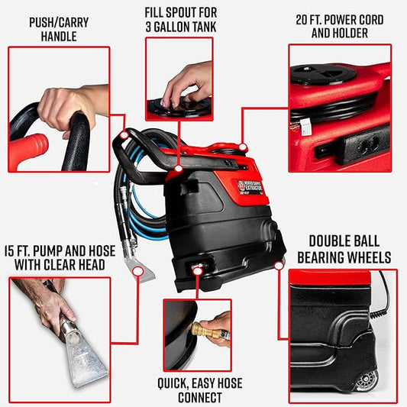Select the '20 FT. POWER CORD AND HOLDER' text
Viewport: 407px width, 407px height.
340,26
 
